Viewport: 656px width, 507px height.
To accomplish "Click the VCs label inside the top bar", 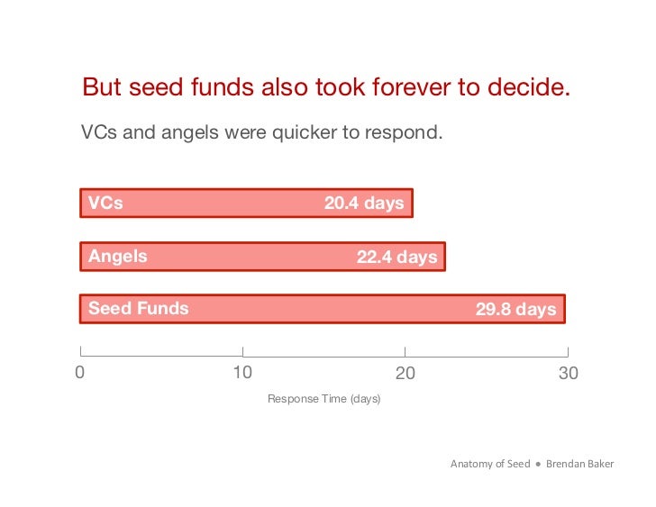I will tap(105, 204).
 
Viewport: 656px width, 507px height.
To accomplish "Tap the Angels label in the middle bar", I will tap(118, 257).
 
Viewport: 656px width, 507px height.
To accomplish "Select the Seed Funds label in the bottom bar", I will tap(139, 309).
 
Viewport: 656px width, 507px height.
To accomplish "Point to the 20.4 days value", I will tap(364, 204).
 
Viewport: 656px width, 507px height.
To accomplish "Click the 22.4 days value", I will tap(396, 258).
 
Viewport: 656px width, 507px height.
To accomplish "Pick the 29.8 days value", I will tap(515, 310).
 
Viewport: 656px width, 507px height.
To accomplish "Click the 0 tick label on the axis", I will tap(80, 373).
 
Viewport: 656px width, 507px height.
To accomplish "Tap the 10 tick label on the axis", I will tap(242, 373).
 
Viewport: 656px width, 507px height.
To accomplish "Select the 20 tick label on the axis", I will tap(405, 373).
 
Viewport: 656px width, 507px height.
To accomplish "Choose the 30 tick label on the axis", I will tap(568, 373).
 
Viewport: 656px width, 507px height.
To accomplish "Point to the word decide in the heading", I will tap(532, 87).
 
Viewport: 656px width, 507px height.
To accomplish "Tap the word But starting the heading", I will tap(101, 87).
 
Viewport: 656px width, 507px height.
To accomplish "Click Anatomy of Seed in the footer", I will tap(489, 464).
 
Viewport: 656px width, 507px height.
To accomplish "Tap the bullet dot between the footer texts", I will tap(537, 465).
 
